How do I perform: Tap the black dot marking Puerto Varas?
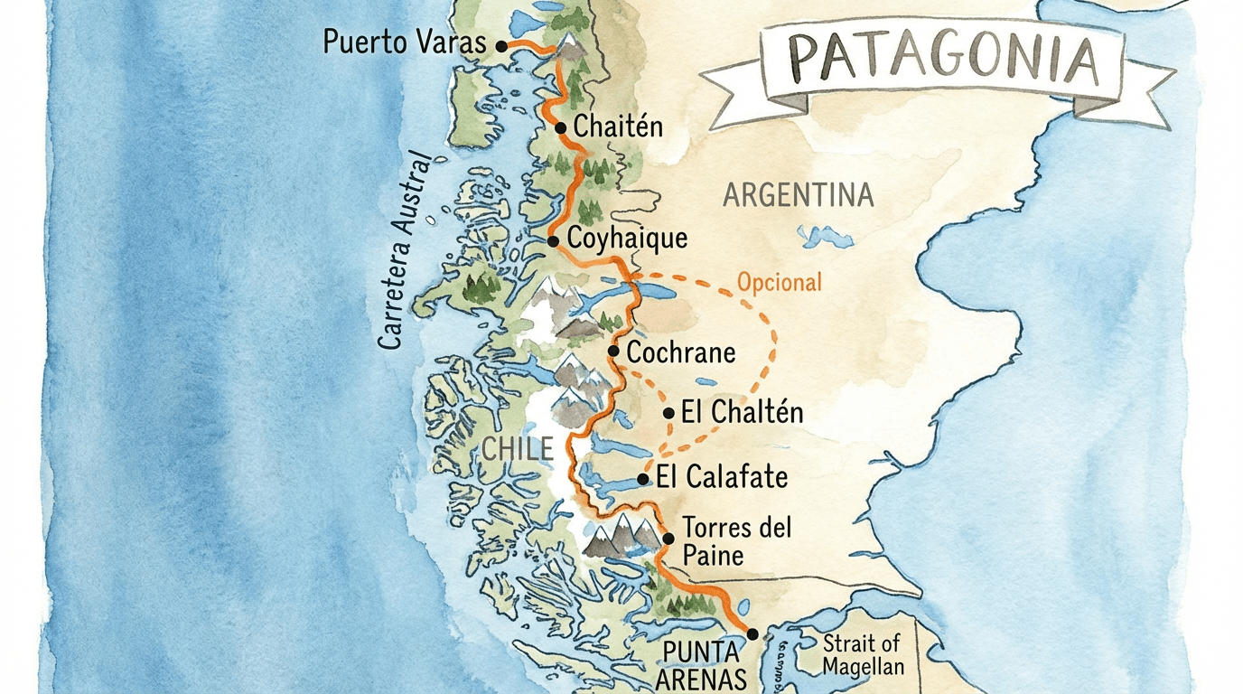coord(502,44)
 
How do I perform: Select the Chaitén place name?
coord(619,127)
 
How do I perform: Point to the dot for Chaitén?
coord(560,128)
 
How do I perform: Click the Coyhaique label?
coord(628,239)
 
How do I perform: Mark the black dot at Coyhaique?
coord(553,240)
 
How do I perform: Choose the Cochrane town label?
coord(681,352)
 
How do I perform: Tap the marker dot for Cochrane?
coord(613,351)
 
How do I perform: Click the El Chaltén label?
coord(742,413)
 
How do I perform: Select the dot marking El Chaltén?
coord(668,413)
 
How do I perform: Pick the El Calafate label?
coord(722,477)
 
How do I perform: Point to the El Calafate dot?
coord(642,479)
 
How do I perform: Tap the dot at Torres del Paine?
coord(668,539)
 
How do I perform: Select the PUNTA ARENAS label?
coord(701,665)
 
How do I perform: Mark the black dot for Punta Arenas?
coord(752,634)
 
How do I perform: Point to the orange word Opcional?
coord(780,282)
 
